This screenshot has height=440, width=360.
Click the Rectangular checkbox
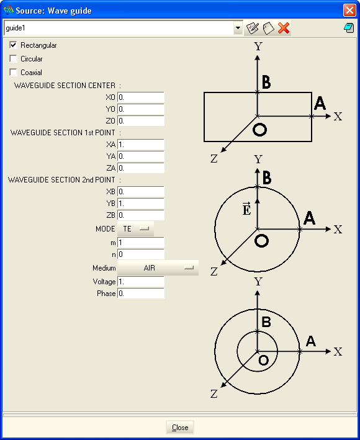point(13,45)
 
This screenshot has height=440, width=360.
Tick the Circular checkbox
point(13,59)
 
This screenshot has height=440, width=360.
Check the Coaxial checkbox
point(13,72)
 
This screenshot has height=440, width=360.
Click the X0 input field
point(140,97)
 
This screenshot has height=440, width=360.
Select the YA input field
point(140,156)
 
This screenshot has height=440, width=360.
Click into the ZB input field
point(140,215)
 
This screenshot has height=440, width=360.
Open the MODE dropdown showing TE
point(135,229)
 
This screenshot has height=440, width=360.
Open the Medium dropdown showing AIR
point(158,267)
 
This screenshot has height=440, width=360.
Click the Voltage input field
point(140,282)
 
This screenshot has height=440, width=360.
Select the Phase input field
point(140,294)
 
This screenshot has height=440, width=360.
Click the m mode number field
point(140,243)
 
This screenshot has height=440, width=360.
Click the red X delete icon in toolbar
point(284,28)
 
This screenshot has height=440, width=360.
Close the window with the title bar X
point(349,11)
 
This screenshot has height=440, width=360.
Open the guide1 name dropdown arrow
point(238,28)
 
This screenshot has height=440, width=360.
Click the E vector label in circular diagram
point(246,209)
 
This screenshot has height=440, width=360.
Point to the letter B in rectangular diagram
point(266,82)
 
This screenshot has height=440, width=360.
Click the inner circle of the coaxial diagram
point(237,351)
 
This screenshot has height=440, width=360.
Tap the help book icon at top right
point(349,28)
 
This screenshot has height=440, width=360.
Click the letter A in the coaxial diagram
point(311,341)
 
